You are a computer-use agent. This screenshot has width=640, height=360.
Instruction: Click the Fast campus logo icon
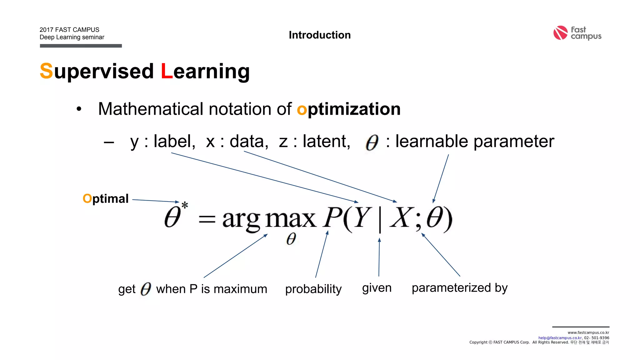coord(560,33)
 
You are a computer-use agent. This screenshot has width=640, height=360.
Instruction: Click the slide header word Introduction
coord(320,35)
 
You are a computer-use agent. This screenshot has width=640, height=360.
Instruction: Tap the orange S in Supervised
coord(46,71)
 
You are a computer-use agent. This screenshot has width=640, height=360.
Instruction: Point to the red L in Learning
coord(167,71)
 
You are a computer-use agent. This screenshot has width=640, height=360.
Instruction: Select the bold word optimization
coord(349,109)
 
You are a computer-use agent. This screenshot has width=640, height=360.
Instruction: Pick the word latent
coord(326,141)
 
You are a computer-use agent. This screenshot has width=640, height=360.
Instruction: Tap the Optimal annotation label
coord(106,199)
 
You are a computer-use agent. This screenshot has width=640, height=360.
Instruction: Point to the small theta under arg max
coord(291,239)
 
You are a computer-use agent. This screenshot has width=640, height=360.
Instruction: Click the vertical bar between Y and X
coord(380,219)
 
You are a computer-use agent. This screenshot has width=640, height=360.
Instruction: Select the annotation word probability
coord(313,289)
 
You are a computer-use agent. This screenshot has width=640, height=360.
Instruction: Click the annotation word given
coord(377,288)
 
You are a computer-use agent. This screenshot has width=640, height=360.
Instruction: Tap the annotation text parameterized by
coord(459,288)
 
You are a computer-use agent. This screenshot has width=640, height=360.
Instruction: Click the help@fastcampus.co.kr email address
coord(560,338)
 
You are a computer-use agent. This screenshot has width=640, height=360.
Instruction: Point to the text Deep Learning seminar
coord(72,37)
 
